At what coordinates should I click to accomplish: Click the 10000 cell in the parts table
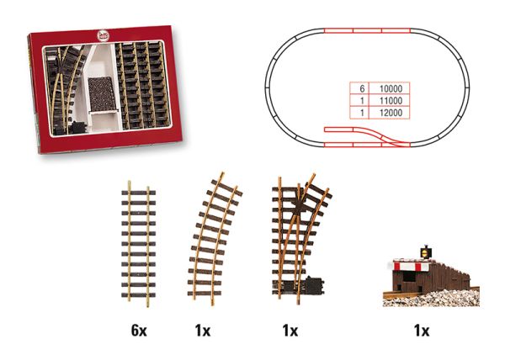pyautogui.click(x=390, y=88)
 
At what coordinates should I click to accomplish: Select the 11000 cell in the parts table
pyautogui.click(x=390, y=101)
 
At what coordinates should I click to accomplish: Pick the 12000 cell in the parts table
pyautogui.click(x=390, y=113)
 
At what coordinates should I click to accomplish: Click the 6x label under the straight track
pyautogui.click(x=139, y=331)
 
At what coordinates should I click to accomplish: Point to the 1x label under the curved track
pyautogui.click(x=203, y=331)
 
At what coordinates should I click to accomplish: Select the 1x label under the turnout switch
pyautogui.click(x=290, y=331)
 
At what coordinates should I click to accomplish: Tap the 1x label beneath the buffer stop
pyautogui.click(x=422, y=331)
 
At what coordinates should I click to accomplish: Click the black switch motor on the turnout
pyautogui.click(x=314, y=285)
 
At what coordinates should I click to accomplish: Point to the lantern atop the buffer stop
pyautogui.click(x=425, y=252)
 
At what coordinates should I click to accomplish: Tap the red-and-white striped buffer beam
pyautogui.click(x=411, y=266)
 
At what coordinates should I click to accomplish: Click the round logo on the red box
pyautogui.click(x=103, y=35)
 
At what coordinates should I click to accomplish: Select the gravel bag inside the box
pyautogui.click(x=102, y=93)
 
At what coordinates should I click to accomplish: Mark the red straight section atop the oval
pyautogui.click(x=367, y=30)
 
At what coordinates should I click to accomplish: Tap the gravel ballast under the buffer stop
pyautogui.click(x=432, y=299)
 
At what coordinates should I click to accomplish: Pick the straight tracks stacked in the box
pyautogui.click(x=141, y=85)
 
